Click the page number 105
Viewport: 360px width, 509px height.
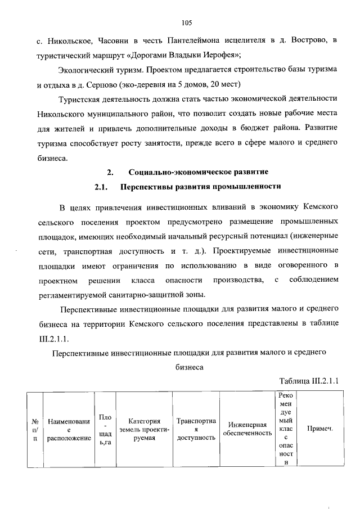tap(187, 22)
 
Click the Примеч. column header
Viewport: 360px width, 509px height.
tap(319, 429)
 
